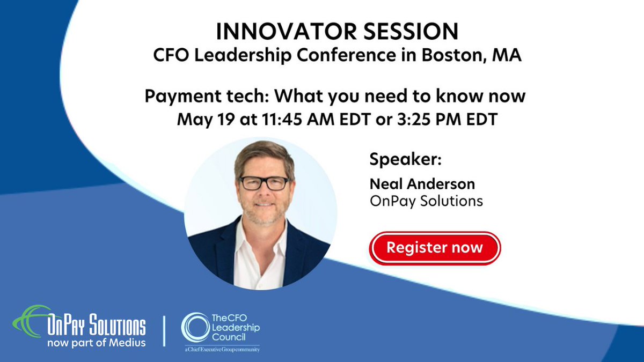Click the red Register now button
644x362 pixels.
[x=435, y=248]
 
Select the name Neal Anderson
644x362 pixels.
[x=422, y=184]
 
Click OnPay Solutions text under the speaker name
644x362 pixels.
[x=426, y=201]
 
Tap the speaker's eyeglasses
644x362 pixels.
[x=264, y=183]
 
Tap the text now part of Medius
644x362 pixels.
[x=97, y=342]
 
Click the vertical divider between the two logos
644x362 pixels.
[x=164, y=331]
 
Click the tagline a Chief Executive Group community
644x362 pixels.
[x=220, y=350]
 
